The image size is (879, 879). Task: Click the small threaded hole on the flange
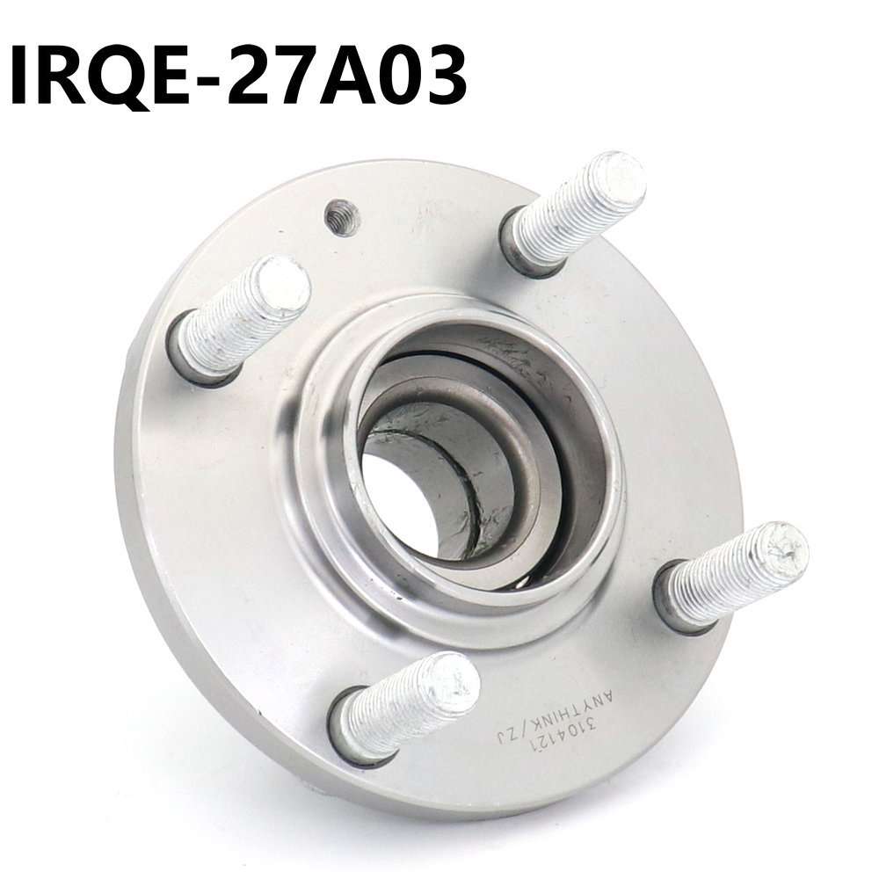pos(341,217)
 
